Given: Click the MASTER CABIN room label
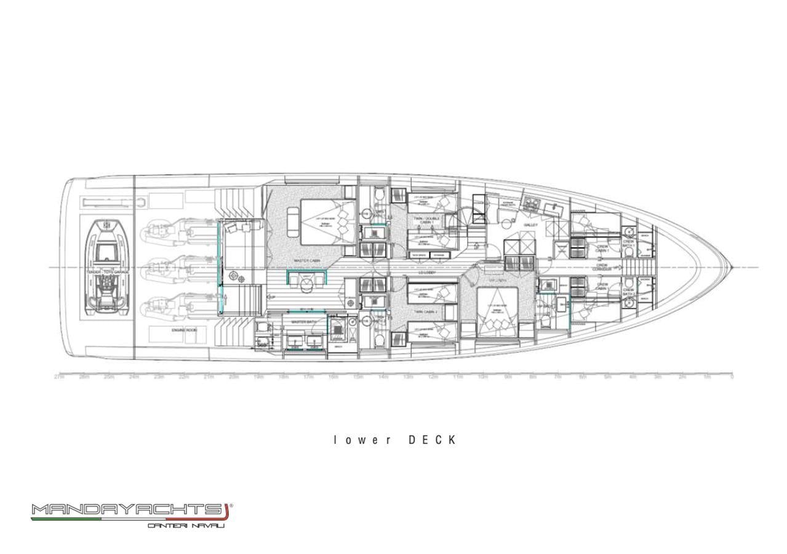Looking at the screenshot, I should coord(306,261).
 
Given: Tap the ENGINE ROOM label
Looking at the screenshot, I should coord(184,331).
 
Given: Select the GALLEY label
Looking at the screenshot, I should coord(530,225).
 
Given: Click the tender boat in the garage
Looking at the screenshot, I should coord(106,267).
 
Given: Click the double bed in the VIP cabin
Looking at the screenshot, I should coord(497,307).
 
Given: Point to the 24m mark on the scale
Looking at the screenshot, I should coord(134,377).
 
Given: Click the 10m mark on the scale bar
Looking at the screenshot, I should coord(483,377).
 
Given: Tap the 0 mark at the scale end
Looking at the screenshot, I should coord(732,377).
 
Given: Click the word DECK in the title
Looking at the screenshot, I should coord(433,440).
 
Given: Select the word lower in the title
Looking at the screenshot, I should coord(362,440).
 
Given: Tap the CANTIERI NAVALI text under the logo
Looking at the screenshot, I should coord(186,525).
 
